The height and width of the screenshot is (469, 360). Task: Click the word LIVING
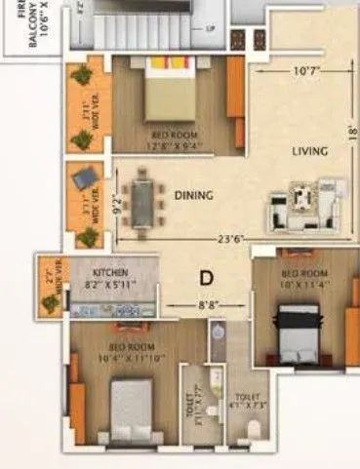pos(308,151)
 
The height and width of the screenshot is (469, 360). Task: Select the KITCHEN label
pos(111,273)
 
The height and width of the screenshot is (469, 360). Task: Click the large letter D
pos(206,278)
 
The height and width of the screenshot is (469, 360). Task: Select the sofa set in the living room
pos(303,202)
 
